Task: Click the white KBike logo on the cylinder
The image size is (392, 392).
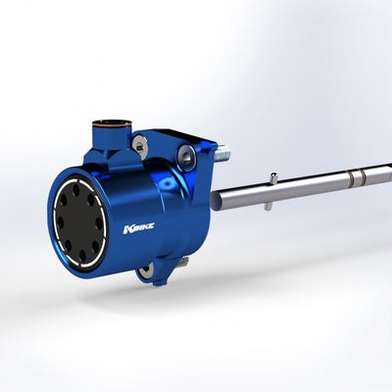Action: pos(139,228)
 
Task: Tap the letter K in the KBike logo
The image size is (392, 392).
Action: pos(127,229)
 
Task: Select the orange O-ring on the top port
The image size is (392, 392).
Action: pos(113,123)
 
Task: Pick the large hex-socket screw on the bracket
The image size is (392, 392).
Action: pos(185,156)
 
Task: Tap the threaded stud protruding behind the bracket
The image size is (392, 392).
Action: pos(222,153)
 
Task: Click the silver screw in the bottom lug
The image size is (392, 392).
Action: pos(144,270)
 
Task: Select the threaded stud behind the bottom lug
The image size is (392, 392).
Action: pos(184,262)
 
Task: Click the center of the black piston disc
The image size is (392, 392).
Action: pos(79,222)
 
